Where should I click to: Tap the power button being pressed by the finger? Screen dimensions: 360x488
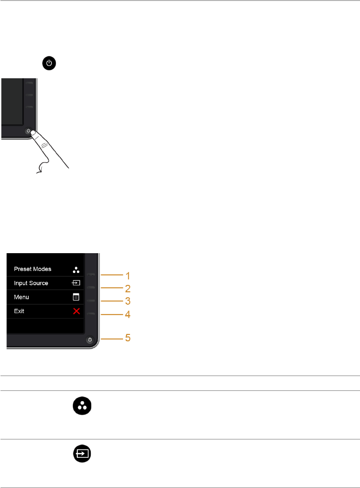tap(29, 132)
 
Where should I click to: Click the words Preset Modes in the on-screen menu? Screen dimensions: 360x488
tap(32, 269)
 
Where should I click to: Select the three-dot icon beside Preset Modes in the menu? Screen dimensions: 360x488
tap(76, 270)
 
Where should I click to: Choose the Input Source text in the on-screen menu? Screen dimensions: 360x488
tap(31, 283)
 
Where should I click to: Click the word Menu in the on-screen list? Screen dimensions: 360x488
tap(21, 297)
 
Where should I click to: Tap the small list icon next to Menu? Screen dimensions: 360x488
tap(76, 297)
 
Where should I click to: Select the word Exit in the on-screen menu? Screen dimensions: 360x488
tap(19, 311)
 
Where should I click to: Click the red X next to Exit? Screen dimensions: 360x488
tap(76, 311)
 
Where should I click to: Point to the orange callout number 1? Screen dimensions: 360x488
tap(127, 275)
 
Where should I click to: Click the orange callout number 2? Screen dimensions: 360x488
tap(127, 288)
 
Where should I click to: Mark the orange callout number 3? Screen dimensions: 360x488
tap(127, 301)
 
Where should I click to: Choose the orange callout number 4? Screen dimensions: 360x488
tap(127, 314)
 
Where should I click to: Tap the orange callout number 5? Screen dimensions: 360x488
tap(127, 339)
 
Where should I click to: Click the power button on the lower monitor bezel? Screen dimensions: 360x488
tap(89, 340)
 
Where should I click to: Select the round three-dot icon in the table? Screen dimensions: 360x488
tap(82, 407)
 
